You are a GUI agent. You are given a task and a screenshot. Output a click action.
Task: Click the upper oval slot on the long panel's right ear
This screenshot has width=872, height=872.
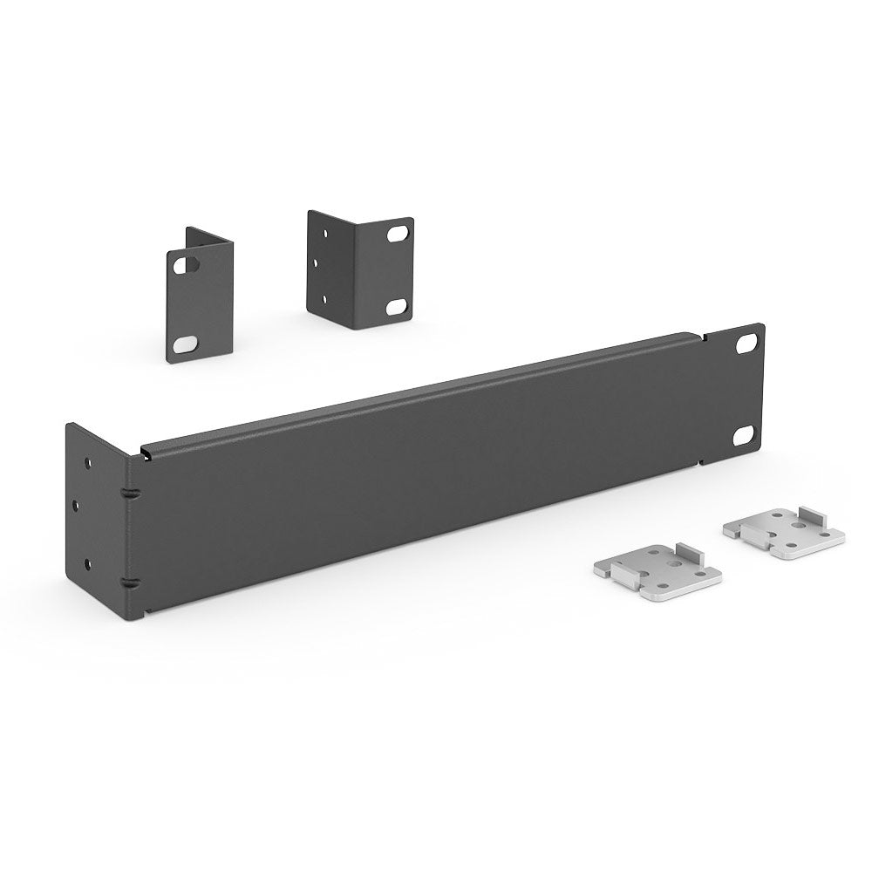(x=747, y=344)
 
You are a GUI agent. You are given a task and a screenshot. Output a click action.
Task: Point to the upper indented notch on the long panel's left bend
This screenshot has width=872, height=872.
(x=129, y=494)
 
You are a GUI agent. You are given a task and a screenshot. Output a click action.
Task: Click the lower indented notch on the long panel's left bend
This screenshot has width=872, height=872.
(x=129, y=582)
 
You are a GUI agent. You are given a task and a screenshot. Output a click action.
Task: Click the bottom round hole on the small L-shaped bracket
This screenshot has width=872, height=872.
(x=324, y=299)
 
